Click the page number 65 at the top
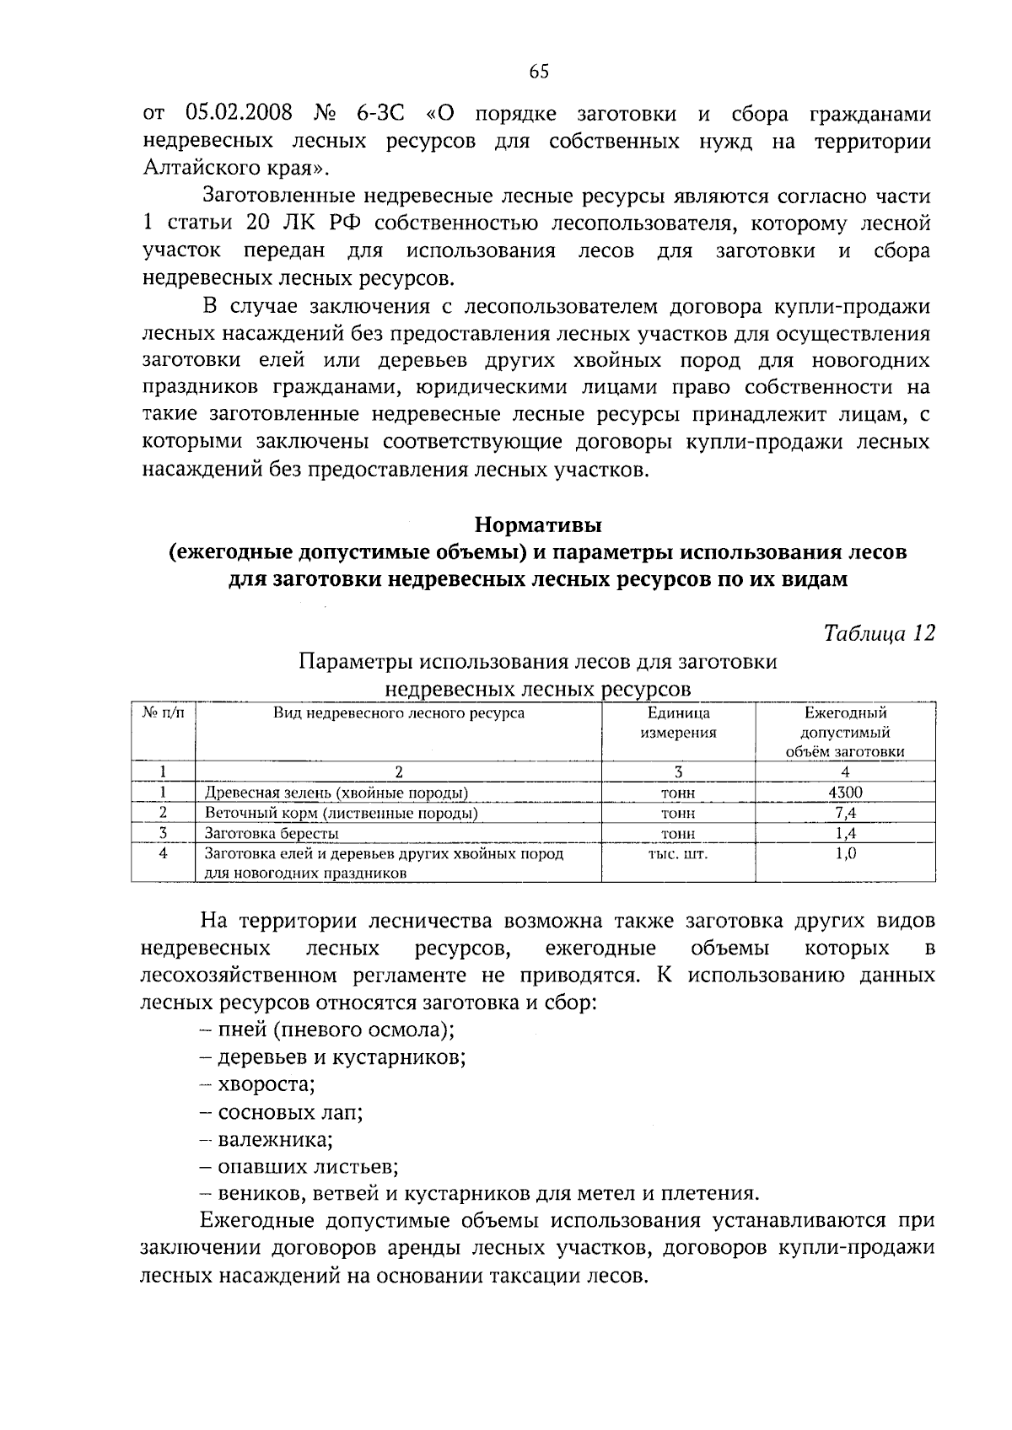pyautogui.click(x=539, y=72)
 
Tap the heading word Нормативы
pyautogui.click(x=538, y=525)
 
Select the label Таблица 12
pyautogui.click(x=880, y=633)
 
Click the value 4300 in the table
pyautogui.click(x=845, y=793)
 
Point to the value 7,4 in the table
pyautogui.click(x=845, y=813)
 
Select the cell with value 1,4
pyautogui.click(x=845, y=833)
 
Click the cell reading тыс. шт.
pyautogui.click(x=678, y=853)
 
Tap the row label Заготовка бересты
pyautogui.click(x=272, y=833)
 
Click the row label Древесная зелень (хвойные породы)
pyautogui.click(x=336, y=793)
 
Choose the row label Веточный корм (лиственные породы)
pyautogui.click(x=342, y=813)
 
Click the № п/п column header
pyautogui.click(x=163, y=713)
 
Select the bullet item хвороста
pyautogui.click(x=266, y=1084)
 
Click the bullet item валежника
pyautogui.click(x=274, y=1140)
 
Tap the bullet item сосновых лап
pyautogui.click(x=289, y=1112)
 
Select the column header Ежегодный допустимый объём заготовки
pyautogui.click(x=845, y=732)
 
